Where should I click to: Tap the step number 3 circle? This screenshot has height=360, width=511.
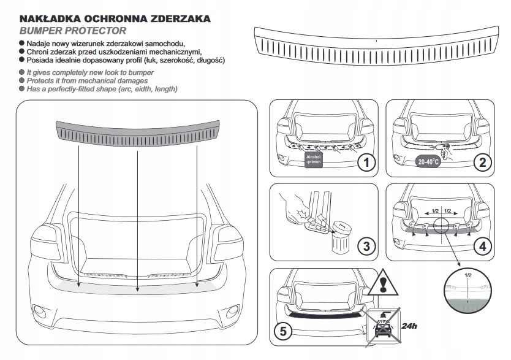366,247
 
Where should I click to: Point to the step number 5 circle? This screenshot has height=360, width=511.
282,332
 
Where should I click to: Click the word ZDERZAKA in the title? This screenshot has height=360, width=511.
178,18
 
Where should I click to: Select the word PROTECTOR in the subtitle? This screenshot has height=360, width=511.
94,30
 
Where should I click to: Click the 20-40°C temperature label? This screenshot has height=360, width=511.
428,162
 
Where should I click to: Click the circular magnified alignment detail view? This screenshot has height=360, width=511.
467,291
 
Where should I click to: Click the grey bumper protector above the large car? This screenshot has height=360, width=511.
138,130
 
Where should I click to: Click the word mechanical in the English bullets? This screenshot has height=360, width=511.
105,81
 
